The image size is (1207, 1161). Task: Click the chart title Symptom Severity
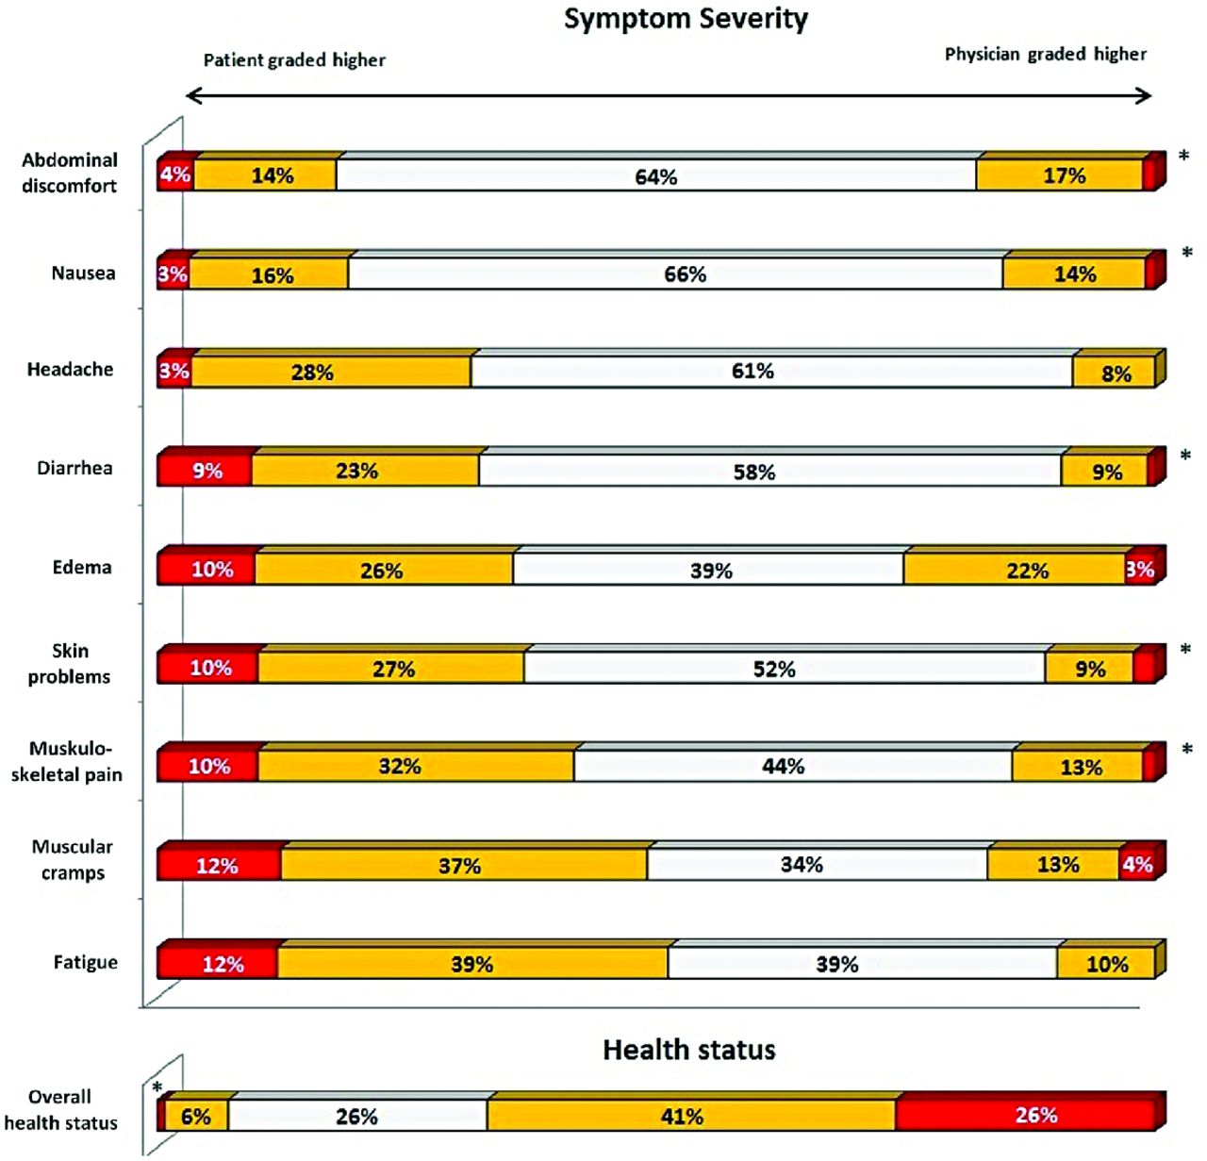(x=686, y=19)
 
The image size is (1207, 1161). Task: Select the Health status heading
(x=688, y=1050)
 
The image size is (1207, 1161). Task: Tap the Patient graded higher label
(x=294, y=60)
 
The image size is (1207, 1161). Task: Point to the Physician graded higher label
(x=1046, y=55)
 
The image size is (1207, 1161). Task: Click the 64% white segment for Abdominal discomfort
(x=655, y=176)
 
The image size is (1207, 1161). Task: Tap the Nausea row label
(x=83, y=274)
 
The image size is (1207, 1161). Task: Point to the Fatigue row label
(x=85, y=963)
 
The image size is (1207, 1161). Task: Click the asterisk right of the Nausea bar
(x=1186, y=253)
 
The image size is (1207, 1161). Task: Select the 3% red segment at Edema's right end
(x=1139, y=570)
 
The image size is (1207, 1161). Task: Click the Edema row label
(x=82, y=568)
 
